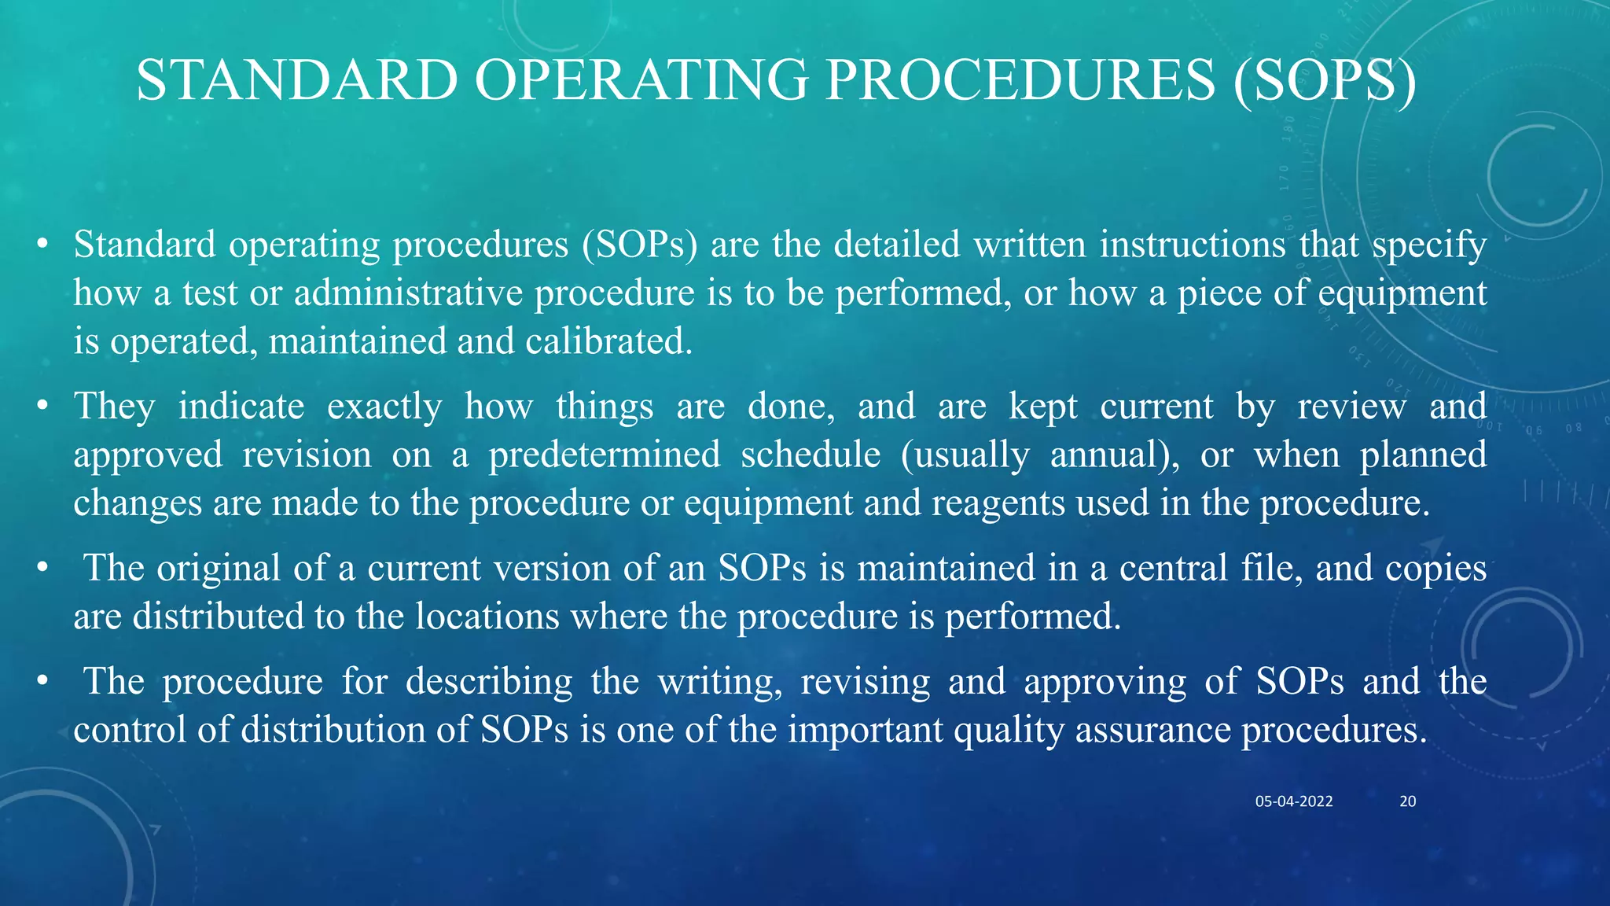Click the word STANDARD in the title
click(296, 80)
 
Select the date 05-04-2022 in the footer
click(1293, 801)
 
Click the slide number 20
click(1407, 801)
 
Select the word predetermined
click(604, 455)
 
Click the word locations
click(487, 617)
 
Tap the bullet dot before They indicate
click(43, 407)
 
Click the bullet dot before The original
click(43, 568)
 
